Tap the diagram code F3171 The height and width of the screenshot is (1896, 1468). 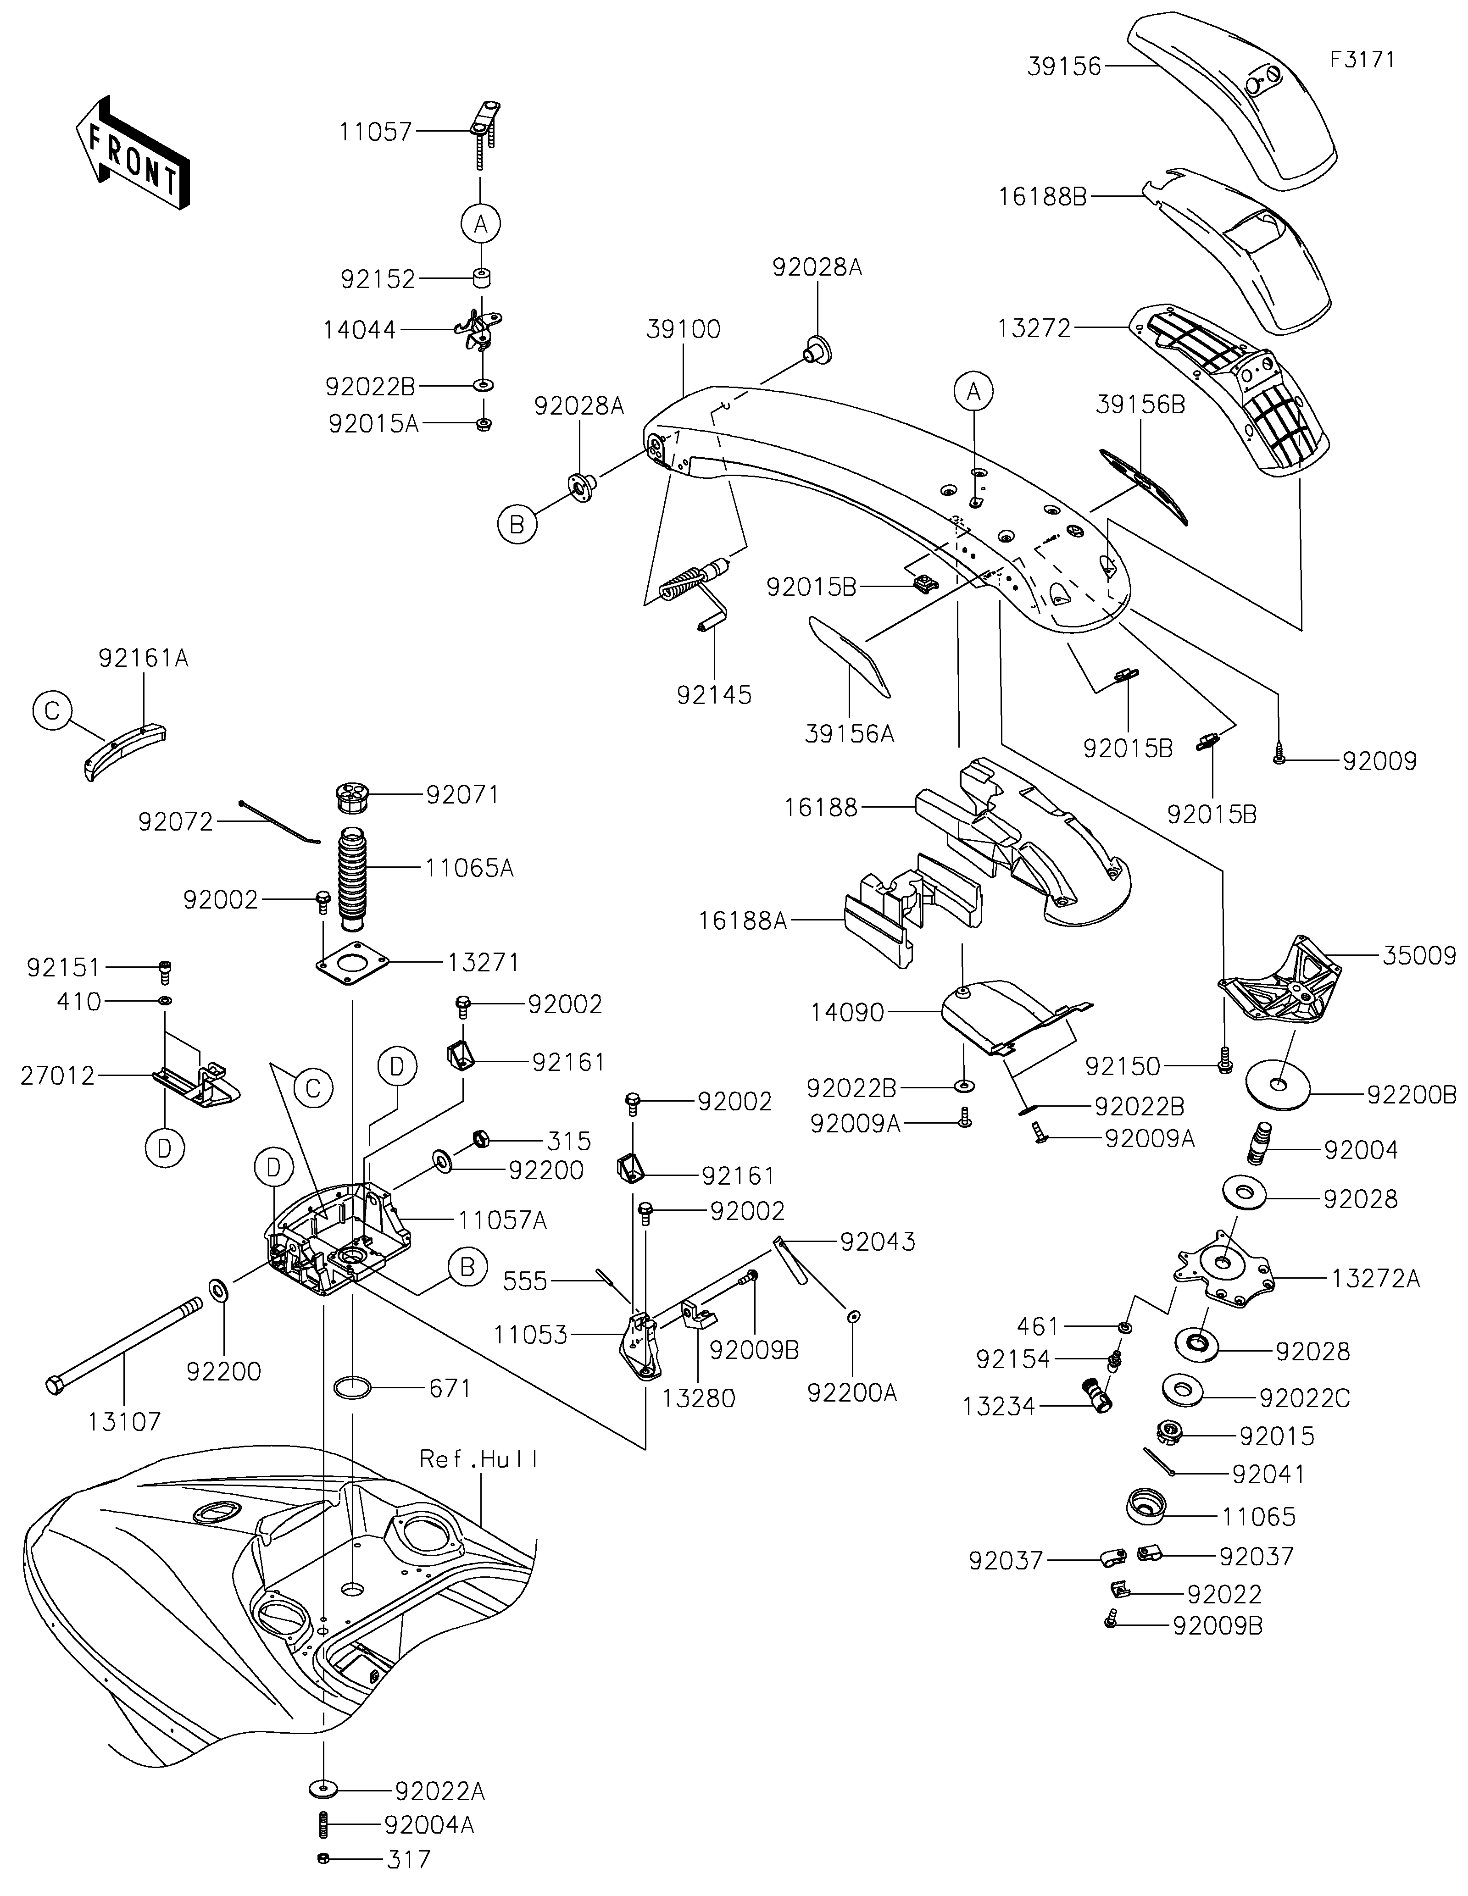[1361, 60]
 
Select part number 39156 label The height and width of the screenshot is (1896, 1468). [1063, 67]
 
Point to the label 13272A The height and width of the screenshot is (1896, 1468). [1376, 1279]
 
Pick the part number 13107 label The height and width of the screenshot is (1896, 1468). [124, 1421]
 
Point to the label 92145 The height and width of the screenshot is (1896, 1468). [714, 695]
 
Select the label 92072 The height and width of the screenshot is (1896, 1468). [175, 821]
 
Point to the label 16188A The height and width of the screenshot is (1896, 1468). [742, 920]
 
